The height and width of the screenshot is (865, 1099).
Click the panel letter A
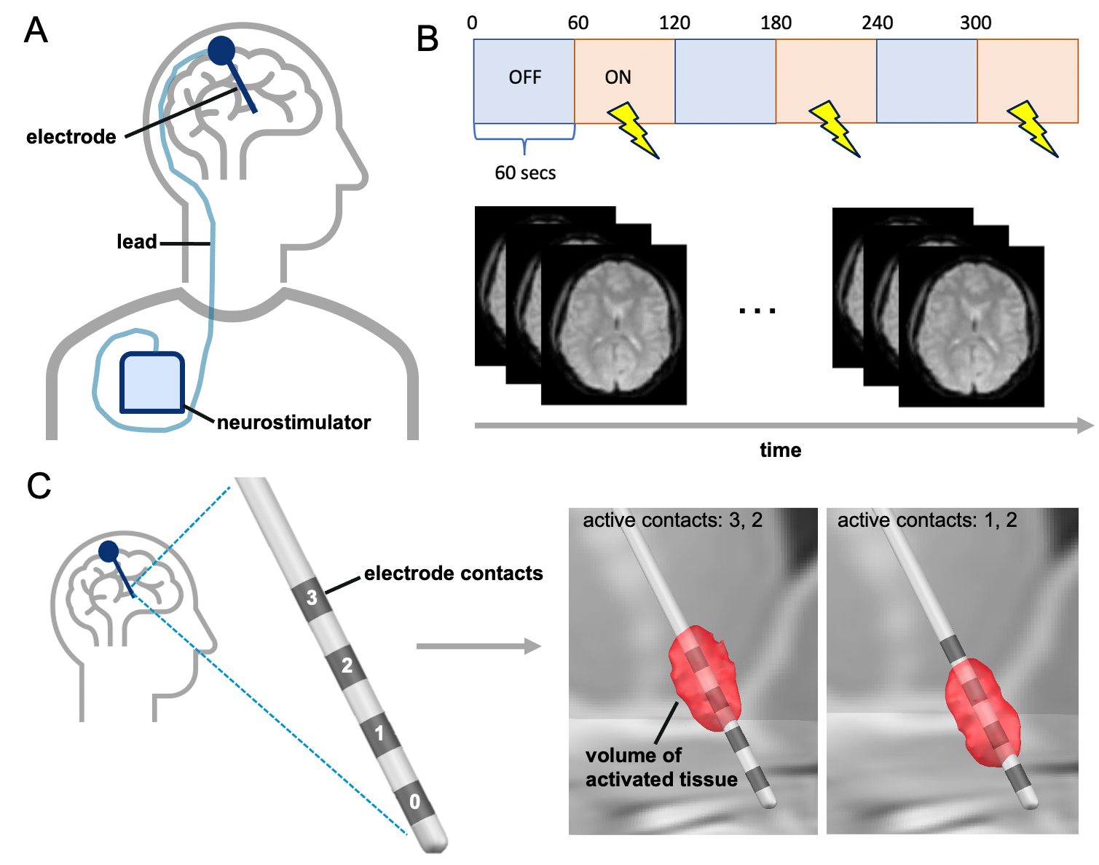[x=36, y=31]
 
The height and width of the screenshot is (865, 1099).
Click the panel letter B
[x=428, y=39]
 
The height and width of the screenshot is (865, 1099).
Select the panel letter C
[x=39, y=486]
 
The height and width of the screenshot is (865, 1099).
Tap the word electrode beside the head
[x=71, y=137]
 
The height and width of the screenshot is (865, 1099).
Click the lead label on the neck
[x=136, y=242]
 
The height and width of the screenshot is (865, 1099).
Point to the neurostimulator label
[x=294, y=423]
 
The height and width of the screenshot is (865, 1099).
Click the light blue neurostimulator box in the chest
[x=151, y=382]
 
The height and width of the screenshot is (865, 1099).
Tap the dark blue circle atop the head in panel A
[x=221, y=50]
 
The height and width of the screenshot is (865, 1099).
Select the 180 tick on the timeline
[x=776, y=23]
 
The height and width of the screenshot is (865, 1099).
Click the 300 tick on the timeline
[x=975, y=23]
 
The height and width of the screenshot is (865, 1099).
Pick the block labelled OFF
[x=524, y=78]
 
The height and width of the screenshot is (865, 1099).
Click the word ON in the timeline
[x=618, y=78]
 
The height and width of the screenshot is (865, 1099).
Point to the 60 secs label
[x=525, y=173]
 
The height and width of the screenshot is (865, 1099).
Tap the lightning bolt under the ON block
[x=633, y=130]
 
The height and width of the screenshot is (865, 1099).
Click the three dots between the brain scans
[x=757, y=310]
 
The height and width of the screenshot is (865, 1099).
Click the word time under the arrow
[x=780, y=450]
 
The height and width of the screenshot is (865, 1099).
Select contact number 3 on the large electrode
[x=312, y=598]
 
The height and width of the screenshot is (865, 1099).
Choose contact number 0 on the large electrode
[x=414, y=802]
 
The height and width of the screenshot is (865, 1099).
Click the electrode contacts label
[x=453, y=574]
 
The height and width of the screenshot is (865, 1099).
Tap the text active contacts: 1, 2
[x=926, y=520]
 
